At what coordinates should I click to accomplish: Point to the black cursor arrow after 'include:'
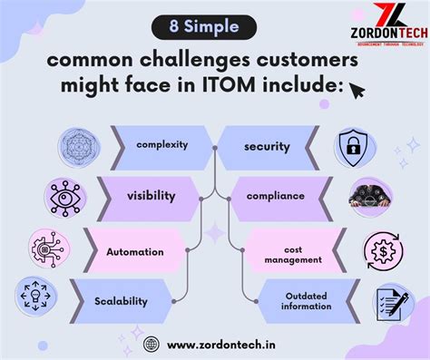pos(357,90)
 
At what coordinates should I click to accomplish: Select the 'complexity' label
pos(161,145)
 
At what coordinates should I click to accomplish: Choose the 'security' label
pos(267,145)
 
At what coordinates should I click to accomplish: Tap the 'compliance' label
pos(274,194)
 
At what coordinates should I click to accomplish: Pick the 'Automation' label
pos(134,251)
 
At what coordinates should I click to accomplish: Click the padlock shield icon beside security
pos(353,146)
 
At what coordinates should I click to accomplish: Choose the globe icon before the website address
pos(151,344)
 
